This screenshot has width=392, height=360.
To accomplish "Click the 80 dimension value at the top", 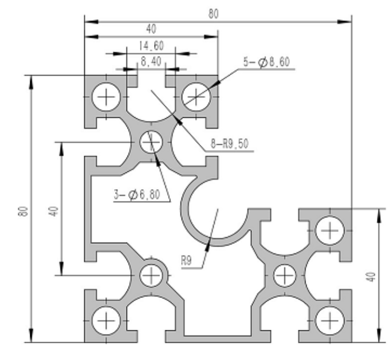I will (x=213, y=14).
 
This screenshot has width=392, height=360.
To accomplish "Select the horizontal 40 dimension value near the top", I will (x=151, y=29).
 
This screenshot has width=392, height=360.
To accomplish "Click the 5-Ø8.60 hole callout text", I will (x=265, y=63).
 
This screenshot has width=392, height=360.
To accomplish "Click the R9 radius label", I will (x=187, y=259).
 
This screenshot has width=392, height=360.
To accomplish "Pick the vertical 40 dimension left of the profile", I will (x=53, y=211).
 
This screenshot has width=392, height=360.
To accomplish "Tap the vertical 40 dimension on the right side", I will (x=371, y=277).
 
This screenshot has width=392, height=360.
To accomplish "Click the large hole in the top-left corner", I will (x=106, y=96).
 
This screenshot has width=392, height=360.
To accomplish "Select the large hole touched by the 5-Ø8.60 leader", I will (x=197, y=96).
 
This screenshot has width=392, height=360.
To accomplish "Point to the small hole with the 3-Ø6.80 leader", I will (x=151, y=141).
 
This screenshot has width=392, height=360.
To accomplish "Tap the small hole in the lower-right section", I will (x=285, y=275).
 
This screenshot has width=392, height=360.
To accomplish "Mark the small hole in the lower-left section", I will (x=151, y=275).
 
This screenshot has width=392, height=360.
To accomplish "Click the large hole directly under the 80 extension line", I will (x=330, y=230).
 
